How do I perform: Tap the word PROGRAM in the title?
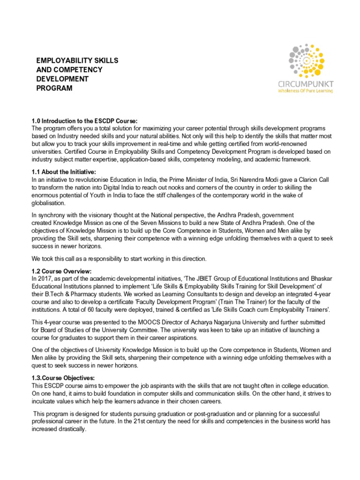tap(54, 88)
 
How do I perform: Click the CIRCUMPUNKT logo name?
tap(312, 83)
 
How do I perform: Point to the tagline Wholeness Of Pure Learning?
tap(312, 91)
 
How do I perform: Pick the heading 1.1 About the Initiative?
tap(63, 172)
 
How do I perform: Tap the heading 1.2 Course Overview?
tap(61, 271)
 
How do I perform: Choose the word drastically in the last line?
tap(73, 428)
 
